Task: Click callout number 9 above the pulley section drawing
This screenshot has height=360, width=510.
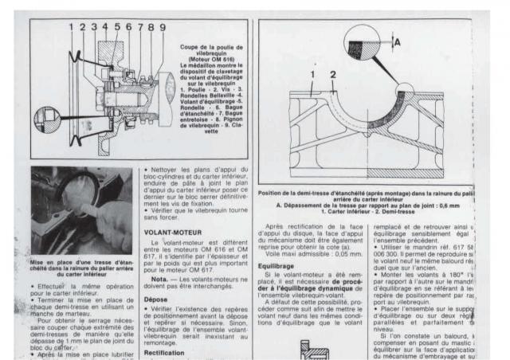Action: pyautogui.click(x=163, y=27)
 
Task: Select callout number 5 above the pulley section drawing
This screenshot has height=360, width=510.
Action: pyautogui.click(x=117, y=27)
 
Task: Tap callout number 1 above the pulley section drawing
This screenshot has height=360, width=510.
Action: pyautogui.click(x=70, y=27)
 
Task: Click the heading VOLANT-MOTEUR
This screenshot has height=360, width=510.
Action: pyautogui.click(x=171, y=233)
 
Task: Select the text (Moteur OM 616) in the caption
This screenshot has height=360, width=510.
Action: pyautogui.click(x=215, y=59)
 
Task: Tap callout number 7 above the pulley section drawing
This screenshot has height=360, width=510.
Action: pyautogui.click(x=139, y=27)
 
